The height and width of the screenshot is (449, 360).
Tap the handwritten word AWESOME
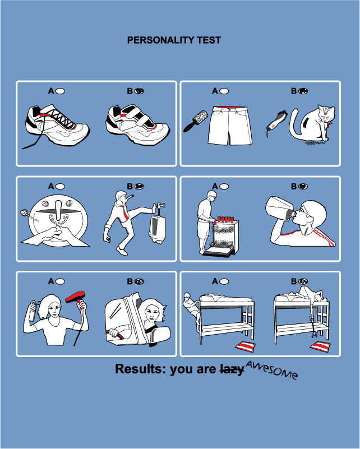[271, 369]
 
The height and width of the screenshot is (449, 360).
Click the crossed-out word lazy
[232, 369]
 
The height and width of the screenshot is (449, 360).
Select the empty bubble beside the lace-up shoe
[60, 91]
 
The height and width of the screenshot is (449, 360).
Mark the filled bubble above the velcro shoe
[139, 91]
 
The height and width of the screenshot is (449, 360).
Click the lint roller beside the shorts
[196, 121]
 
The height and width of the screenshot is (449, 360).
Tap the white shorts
[230, 126]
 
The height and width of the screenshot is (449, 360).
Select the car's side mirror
[160, 336]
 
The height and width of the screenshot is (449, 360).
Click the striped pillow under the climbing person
[246, 346]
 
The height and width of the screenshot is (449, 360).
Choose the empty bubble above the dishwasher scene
[224, 187]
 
